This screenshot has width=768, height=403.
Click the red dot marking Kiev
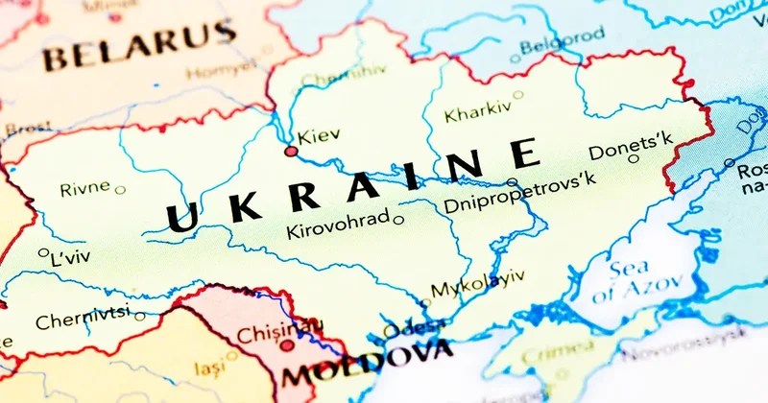[291, 152]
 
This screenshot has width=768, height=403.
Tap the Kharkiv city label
[477, 111]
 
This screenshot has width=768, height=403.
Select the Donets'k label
[631, 147]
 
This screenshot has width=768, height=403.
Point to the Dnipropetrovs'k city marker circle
[512, 182]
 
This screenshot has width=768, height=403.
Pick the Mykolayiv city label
[477, 283]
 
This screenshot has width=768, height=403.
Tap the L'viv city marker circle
[43, 254]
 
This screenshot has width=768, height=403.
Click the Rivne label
[84, 189]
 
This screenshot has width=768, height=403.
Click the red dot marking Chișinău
[286, 345]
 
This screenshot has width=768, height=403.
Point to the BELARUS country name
[138, 46]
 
